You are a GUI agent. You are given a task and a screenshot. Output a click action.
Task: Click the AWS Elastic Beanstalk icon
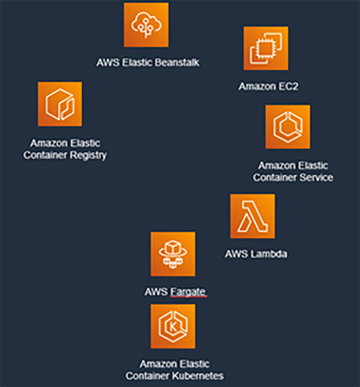click(x=146, y=25)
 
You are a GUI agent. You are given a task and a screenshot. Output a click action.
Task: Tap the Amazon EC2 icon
click(x=266, y=48)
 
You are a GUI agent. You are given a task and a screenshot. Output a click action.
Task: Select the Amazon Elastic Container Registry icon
click(x=60, y=104)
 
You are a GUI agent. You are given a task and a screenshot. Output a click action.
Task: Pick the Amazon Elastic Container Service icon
click(x=287, y=127)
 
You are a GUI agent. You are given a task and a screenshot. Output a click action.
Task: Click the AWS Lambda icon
click(x=253, y=216)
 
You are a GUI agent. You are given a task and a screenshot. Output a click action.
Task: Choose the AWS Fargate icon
click(x=173, y=254)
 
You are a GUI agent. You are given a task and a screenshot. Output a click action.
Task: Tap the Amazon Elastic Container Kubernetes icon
click(x=173, y=326)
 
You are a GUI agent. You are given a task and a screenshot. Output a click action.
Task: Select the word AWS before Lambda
click(x=236, y=254)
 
